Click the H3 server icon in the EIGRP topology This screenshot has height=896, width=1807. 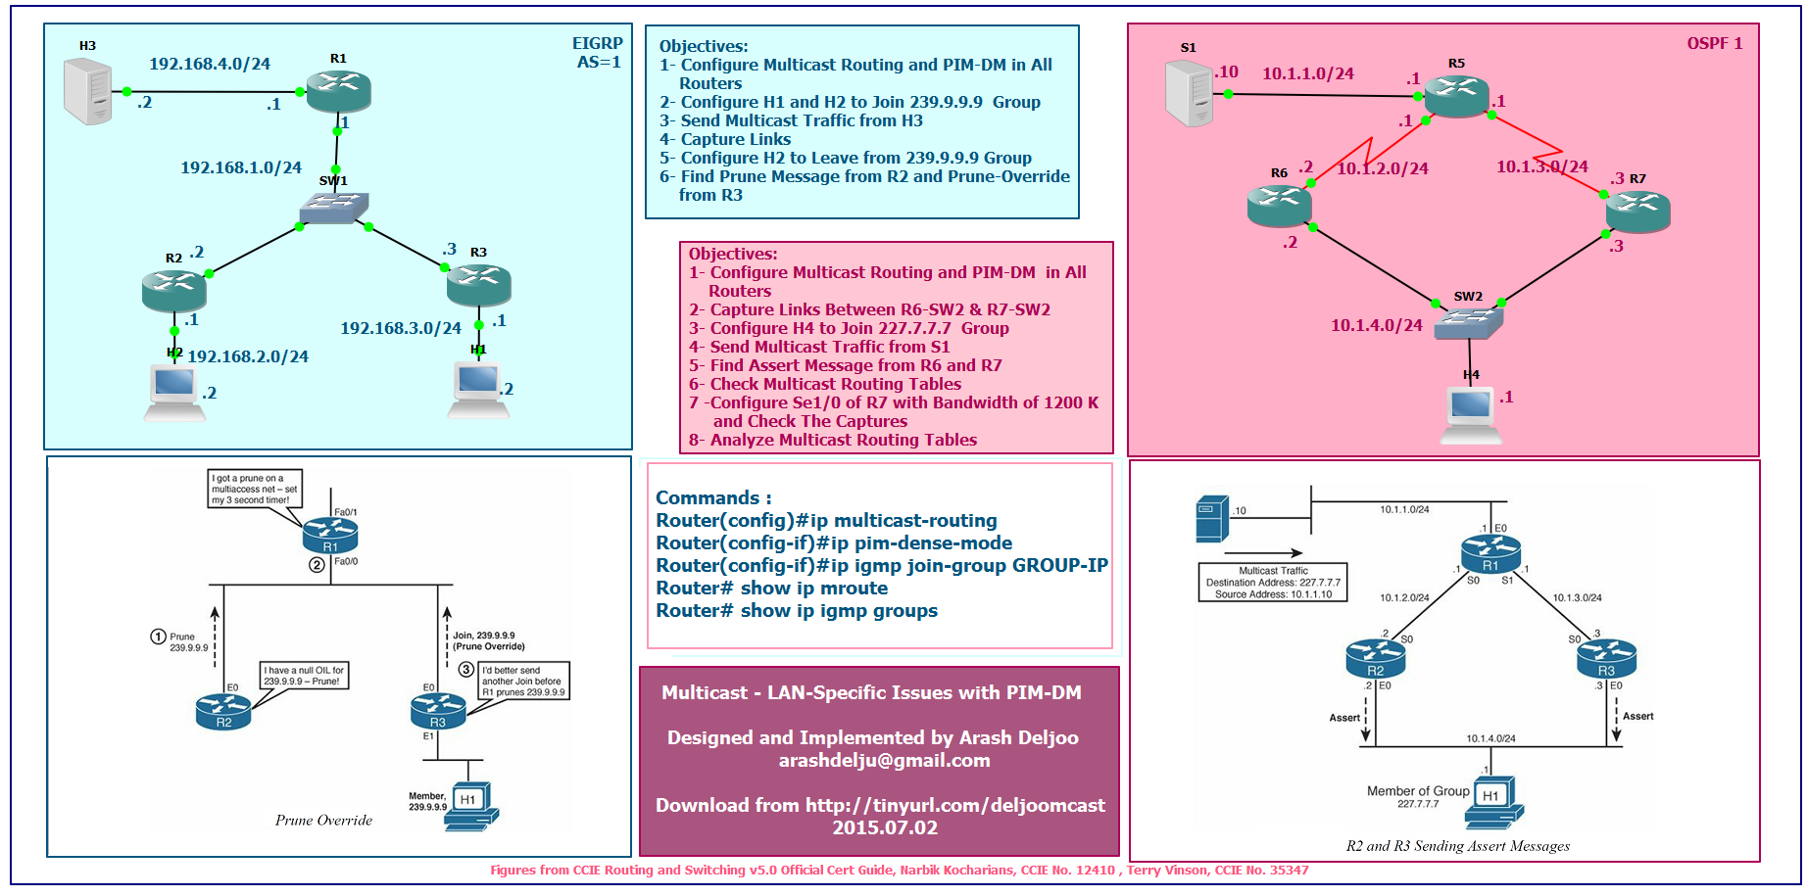pos(87,91)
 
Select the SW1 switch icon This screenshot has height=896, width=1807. pos(334,208)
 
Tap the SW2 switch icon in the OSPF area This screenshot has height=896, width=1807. pos(1468,322)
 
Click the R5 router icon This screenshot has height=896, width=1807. pos(1456,95)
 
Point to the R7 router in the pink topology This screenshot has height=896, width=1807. pos(1637,210)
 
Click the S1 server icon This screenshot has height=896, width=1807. pos(1190,93)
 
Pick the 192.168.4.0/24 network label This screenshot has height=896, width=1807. pos(210,65)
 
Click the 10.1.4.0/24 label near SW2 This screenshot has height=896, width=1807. pos(1376,325)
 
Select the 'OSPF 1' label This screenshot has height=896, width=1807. pos(1714,43)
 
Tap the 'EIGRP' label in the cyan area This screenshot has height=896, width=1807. pos(597,44)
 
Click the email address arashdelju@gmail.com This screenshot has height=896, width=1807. pos(884,761)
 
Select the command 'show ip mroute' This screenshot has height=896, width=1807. pos(772,589)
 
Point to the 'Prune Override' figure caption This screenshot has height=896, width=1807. pos(323,821)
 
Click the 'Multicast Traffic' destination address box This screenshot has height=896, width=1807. pos(1272,583)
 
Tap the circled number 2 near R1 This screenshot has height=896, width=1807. pos(317,565)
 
